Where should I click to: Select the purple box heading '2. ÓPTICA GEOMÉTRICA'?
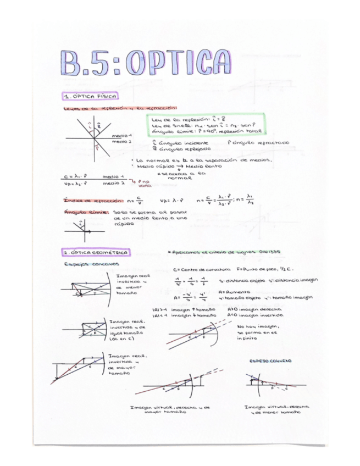point(96,252)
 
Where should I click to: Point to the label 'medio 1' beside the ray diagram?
point(121,135)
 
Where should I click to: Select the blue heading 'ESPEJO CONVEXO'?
point(270,361)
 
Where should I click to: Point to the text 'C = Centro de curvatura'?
point(201,270)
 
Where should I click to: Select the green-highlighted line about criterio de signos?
point(225,252)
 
